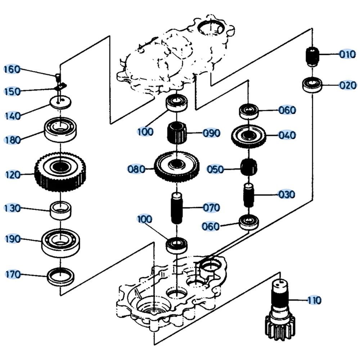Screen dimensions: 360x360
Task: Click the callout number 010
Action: coord(347,54)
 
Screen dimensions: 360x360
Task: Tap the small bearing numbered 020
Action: coord(312,85)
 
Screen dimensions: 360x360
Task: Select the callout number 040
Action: coord(287,135)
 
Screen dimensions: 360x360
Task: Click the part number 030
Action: coord(287,194)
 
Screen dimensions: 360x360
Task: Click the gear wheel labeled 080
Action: coord(177,167)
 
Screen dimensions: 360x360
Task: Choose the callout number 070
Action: coord(211,208)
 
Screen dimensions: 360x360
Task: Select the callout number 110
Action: coord(314,300)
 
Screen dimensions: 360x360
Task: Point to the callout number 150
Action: coord(12,91)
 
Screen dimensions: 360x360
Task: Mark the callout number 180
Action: coord(12,140)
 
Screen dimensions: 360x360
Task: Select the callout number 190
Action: coord(13,239)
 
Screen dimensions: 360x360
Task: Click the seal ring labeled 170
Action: coord(61,276)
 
